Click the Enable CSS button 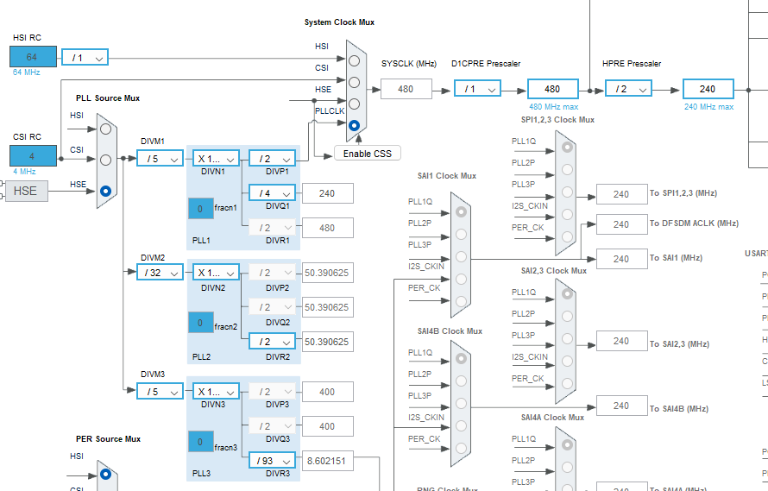(x=367, y=154)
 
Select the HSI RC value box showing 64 (x=33, y=57)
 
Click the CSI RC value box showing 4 (x=33, y=156)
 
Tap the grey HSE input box (x=26, y=191)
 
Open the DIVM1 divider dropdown (x=160, y=159)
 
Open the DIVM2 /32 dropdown (x=160, y=272)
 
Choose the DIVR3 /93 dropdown (x=272, y=461)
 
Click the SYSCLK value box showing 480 (x=406, y=89)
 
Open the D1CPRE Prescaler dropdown (x=477, y=89)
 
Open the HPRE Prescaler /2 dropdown (x=628, y=89)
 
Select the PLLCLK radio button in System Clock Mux (x=354, y=125)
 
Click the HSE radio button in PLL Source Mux (x=105, y=191)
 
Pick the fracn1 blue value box (x=200, y=208)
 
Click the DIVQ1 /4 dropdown (x=272, y=193)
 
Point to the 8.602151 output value (x=327, y=461)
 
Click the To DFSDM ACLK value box (x=621, y=224)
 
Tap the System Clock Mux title (x=339, y=22)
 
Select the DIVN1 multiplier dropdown (x=216, y=159)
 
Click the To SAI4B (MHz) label (x=679, y=408)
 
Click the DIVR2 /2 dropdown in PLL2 (x=272, y=342)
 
